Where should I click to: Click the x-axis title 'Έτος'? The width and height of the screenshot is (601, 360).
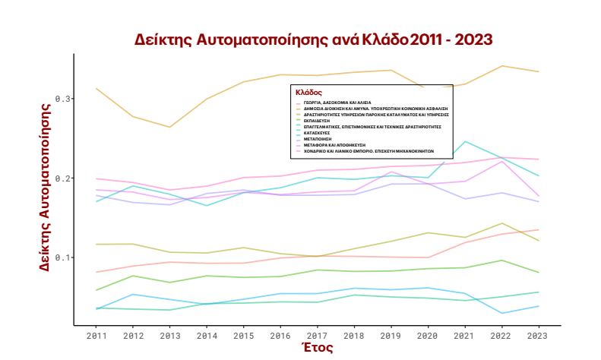point(318,348)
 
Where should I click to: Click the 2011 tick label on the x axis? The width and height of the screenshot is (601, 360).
point(96,335)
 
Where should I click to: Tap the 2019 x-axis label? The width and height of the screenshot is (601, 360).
point(390,335)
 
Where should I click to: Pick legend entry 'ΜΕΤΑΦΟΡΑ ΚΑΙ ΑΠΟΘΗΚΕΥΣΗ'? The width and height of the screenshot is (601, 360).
point(335,144)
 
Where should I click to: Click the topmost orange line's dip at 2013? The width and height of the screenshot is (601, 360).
point(170,127)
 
